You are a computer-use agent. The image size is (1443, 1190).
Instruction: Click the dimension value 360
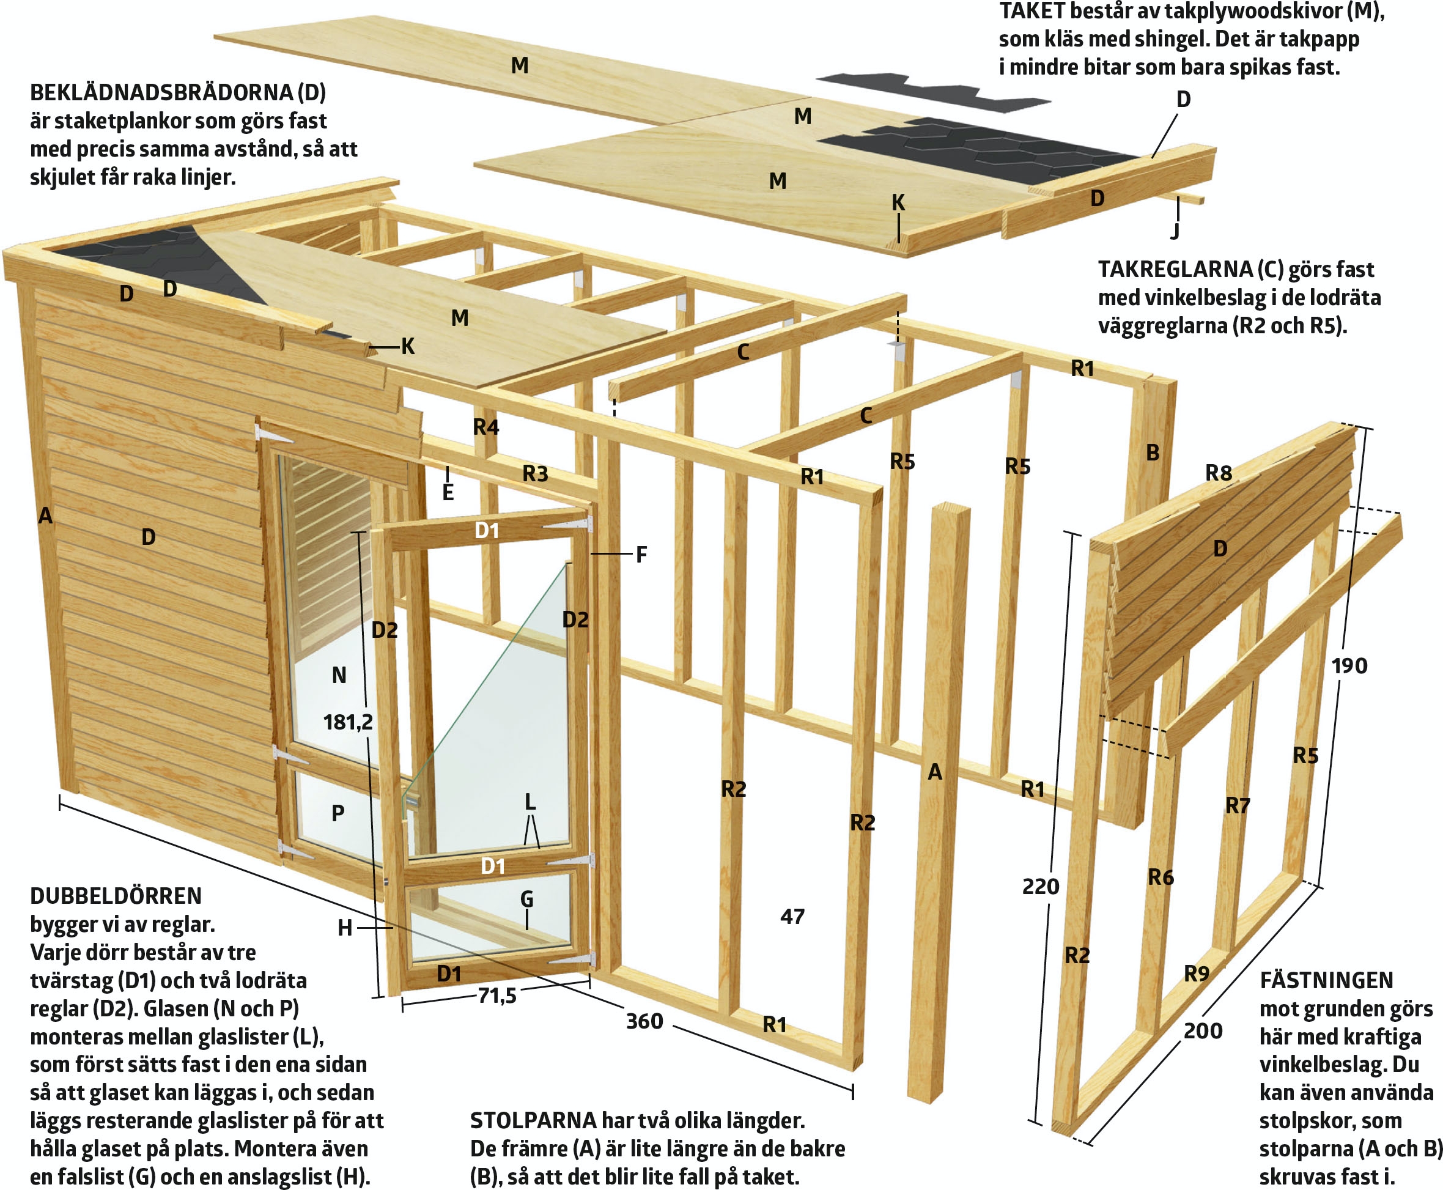click(644, 1021)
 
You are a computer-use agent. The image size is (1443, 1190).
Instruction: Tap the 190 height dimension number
click(1349, 665)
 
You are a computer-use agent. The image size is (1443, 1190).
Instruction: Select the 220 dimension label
click(1041, 886)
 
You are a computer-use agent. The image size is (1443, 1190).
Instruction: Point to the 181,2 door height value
click(349, 722)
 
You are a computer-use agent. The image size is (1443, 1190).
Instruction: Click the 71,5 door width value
click(498, 995)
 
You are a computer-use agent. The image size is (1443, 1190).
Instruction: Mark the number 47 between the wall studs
click(792, 916)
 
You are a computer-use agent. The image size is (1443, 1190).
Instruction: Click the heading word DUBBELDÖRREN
click(116, 896)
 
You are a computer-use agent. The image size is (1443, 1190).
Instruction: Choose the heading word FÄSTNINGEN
click(1326, 980)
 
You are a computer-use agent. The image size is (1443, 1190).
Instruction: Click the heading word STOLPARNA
click(533, 1120)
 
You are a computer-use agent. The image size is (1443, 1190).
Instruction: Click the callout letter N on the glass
click(339, 676)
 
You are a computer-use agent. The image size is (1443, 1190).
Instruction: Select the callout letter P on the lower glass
click(338, 813)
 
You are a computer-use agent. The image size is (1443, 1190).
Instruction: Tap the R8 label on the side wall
click(1219, 473)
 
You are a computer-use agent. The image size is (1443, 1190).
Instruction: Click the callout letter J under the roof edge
click(1176, 231)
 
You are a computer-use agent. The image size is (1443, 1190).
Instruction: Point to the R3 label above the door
click(536, 473)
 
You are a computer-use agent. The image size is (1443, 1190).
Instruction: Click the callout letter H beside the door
click(345, 928)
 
